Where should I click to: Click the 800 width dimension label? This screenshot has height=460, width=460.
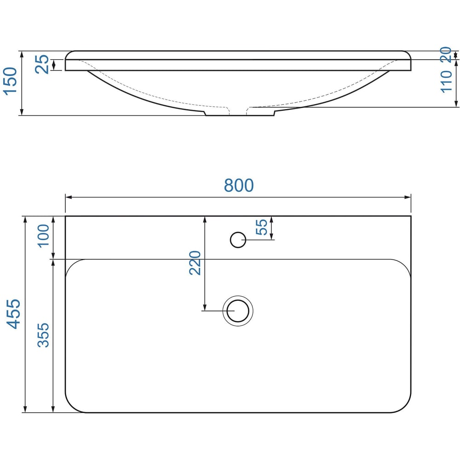(x=238, y=185)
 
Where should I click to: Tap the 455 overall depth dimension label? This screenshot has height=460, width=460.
(x=13, y=314)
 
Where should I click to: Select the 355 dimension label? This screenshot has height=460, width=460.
(x=43, y=335)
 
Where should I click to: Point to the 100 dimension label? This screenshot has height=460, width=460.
(x=43, y=236)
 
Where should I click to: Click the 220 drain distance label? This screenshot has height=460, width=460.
(x=195, y=263)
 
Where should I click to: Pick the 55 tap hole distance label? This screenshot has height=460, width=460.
(x=262, y=227)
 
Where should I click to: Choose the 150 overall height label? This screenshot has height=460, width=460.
(x=10, y=81)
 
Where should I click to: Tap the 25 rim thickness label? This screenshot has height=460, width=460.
(x=42, y=64)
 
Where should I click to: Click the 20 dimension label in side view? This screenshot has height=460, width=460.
(x=446, y=55)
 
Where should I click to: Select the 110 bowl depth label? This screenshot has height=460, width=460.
(x=446, y=82)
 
